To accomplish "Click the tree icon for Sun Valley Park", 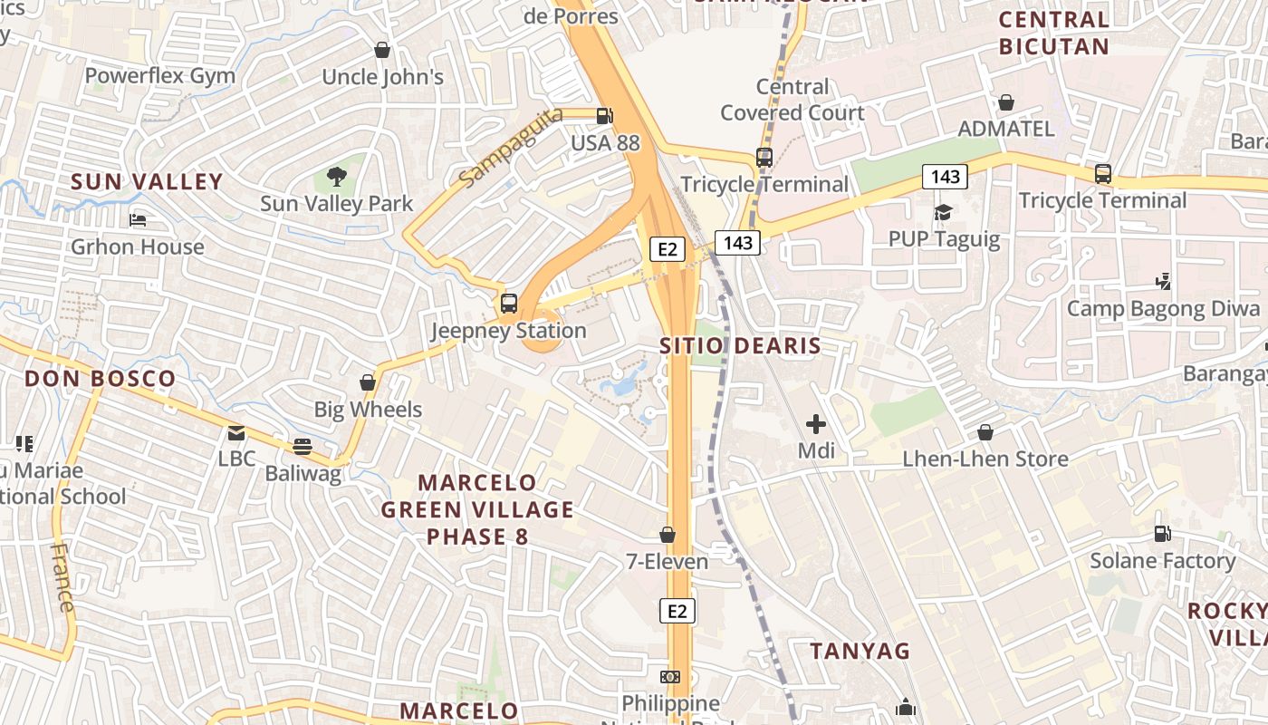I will pyautogui.click(x=337, y=176).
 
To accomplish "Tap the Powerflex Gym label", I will pyautogui.click(x=160, y=76).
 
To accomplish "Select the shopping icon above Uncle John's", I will pyautogui.click(x=382, y=50).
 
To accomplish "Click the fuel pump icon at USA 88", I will pyautogui.click(x=604, y=116).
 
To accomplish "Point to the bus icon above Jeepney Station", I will pyautogui.click(x=509, y=304).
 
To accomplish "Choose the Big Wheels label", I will pyautogui.click(x=368, y=410).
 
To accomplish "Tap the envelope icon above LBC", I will pyautogui.click(x=236, y=433).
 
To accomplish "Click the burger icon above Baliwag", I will pyautogui.click(x=303, y=446).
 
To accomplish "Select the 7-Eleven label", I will pyautogui.click(x=668, y=562).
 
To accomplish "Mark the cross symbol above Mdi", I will pyautogui.click(x=816, y=423).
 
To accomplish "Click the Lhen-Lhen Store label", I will pyautogui.click(x=985, y=459).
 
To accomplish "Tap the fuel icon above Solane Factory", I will pyautogui.click(x=1162, y=534).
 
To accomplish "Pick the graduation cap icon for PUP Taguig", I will pyautogui.click(x=943, y=212).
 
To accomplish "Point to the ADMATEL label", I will pyautogui.click(x=1006, y=129).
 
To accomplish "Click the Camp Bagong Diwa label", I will pyautogui.click(x=1163, y=309).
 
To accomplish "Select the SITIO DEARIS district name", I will pyautogui.click(x=740, y=345).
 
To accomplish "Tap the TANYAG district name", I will pyautogui.click(x=860, y=651).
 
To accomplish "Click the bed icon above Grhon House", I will pyautogui.click(x=138, y=219).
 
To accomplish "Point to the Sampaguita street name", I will pyautogui.click(x=510, y=147).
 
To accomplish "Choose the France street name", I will pyautogui.click(x=62, y=577).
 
